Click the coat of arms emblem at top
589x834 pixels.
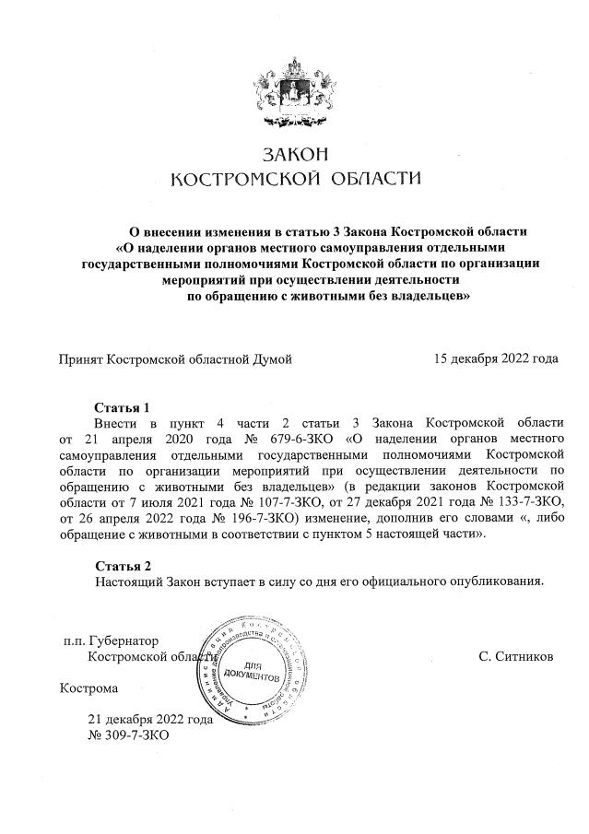click(294, 87)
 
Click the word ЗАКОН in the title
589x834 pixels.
click(294, 154)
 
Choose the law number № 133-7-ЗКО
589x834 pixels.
click(512, 500)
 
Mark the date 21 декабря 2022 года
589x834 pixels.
click(150, 720)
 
